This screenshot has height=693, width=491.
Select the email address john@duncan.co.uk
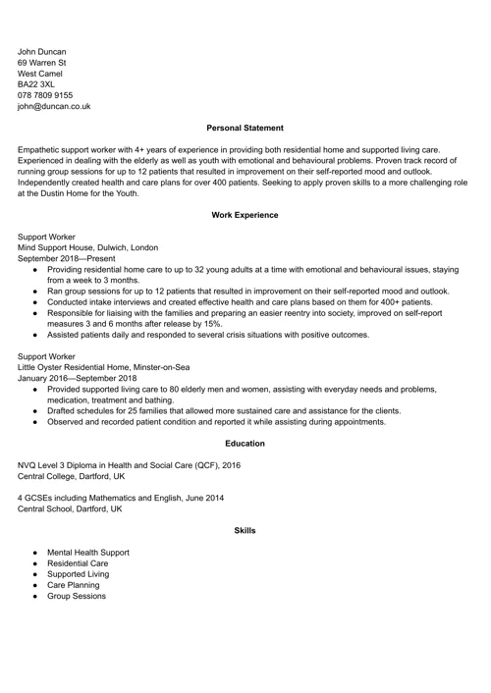tap(54, 105)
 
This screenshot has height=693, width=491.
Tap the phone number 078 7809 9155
tap(45, 94)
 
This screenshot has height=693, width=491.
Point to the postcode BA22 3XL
tap(37, 83)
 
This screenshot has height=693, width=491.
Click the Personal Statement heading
tap(245, 128)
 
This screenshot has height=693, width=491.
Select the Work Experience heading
tap(245, 214)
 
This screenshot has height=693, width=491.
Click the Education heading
tap(245, 444)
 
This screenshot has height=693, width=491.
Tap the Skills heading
tap(245, 530)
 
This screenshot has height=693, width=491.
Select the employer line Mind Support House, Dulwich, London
tap(88, 247)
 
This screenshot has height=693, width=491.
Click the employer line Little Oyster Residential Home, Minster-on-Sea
tap(109, 366)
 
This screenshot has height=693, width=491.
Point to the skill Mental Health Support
tap(87, 553)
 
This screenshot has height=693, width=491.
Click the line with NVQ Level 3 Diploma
tap(129, 465)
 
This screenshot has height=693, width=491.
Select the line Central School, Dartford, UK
tap(71, 509)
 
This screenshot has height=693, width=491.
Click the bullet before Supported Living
tap(35, 574)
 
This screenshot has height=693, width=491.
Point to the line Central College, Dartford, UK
tap(72, 476)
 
